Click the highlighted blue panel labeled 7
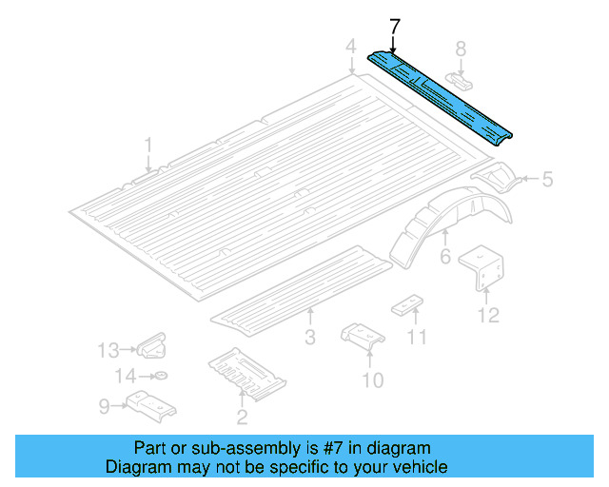(440, 95)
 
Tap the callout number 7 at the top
(395, 25)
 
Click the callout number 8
(461, 49)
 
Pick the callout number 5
(547, 178)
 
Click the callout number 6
(444, 258)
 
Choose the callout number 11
(417, 338)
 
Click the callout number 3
(309, 338)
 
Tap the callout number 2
(242, 416)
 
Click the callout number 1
(147, 145)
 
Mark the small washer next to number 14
(161, 376)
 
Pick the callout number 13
(109, 349)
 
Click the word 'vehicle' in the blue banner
(417, 467)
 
